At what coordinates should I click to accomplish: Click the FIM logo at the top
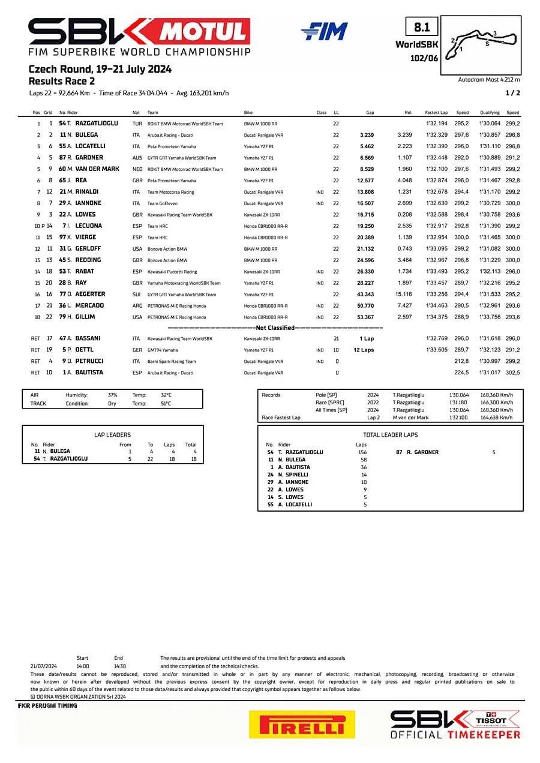pos(324,31)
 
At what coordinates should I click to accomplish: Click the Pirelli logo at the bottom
pos(301,725)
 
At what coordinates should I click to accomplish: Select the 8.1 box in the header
pos(422,28)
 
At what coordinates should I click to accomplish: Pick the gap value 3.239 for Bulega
pos(367,135)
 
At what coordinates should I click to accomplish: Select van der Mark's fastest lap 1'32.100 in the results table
pos(436,169)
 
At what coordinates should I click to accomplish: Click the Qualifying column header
pos(490,113)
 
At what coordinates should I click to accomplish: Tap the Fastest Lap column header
pos(436,113)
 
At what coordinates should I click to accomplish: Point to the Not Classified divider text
pos(275,328)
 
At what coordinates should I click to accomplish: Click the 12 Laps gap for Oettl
pos(364,350)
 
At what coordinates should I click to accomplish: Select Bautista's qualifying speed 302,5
pos(512,373)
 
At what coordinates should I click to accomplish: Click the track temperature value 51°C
pos(166,404)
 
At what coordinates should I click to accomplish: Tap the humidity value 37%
pos(112,395)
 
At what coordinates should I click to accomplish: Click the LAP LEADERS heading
pos(113,435)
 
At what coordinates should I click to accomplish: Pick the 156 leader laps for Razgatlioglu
pos(362,452)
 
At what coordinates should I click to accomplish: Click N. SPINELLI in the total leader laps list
pos(293,474)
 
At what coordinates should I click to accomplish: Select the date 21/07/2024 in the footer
pos(43,666)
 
